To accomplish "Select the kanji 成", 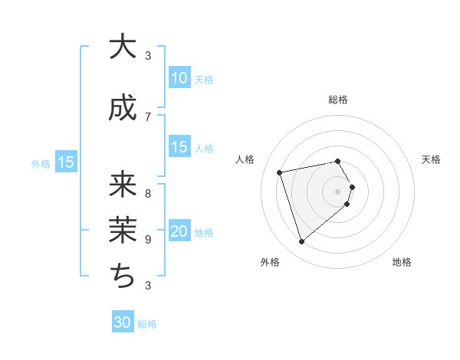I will tap(123, 109).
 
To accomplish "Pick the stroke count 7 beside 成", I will tap(148, 116).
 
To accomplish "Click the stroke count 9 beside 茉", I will tap(148, 239).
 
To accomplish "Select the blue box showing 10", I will tap(179, 78).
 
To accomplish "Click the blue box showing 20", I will tap(179, 231).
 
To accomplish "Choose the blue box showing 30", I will tap(123, 322).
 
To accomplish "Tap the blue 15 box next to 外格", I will tap(65, 162).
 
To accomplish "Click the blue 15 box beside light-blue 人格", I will tap(179, 147).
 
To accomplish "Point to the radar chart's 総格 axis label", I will tap(338, 100).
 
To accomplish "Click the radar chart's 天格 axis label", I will tap(431, 159).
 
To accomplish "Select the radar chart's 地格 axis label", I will tap(402, 263).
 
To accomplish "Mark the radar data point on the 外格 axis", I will tap(302, 242).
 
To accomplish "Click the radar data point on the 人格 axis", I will tap(281, 172).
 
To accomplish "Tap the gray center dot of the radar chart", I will tap(338, 190).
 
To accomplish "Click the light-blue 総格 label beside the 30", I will tap(147, 324).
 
